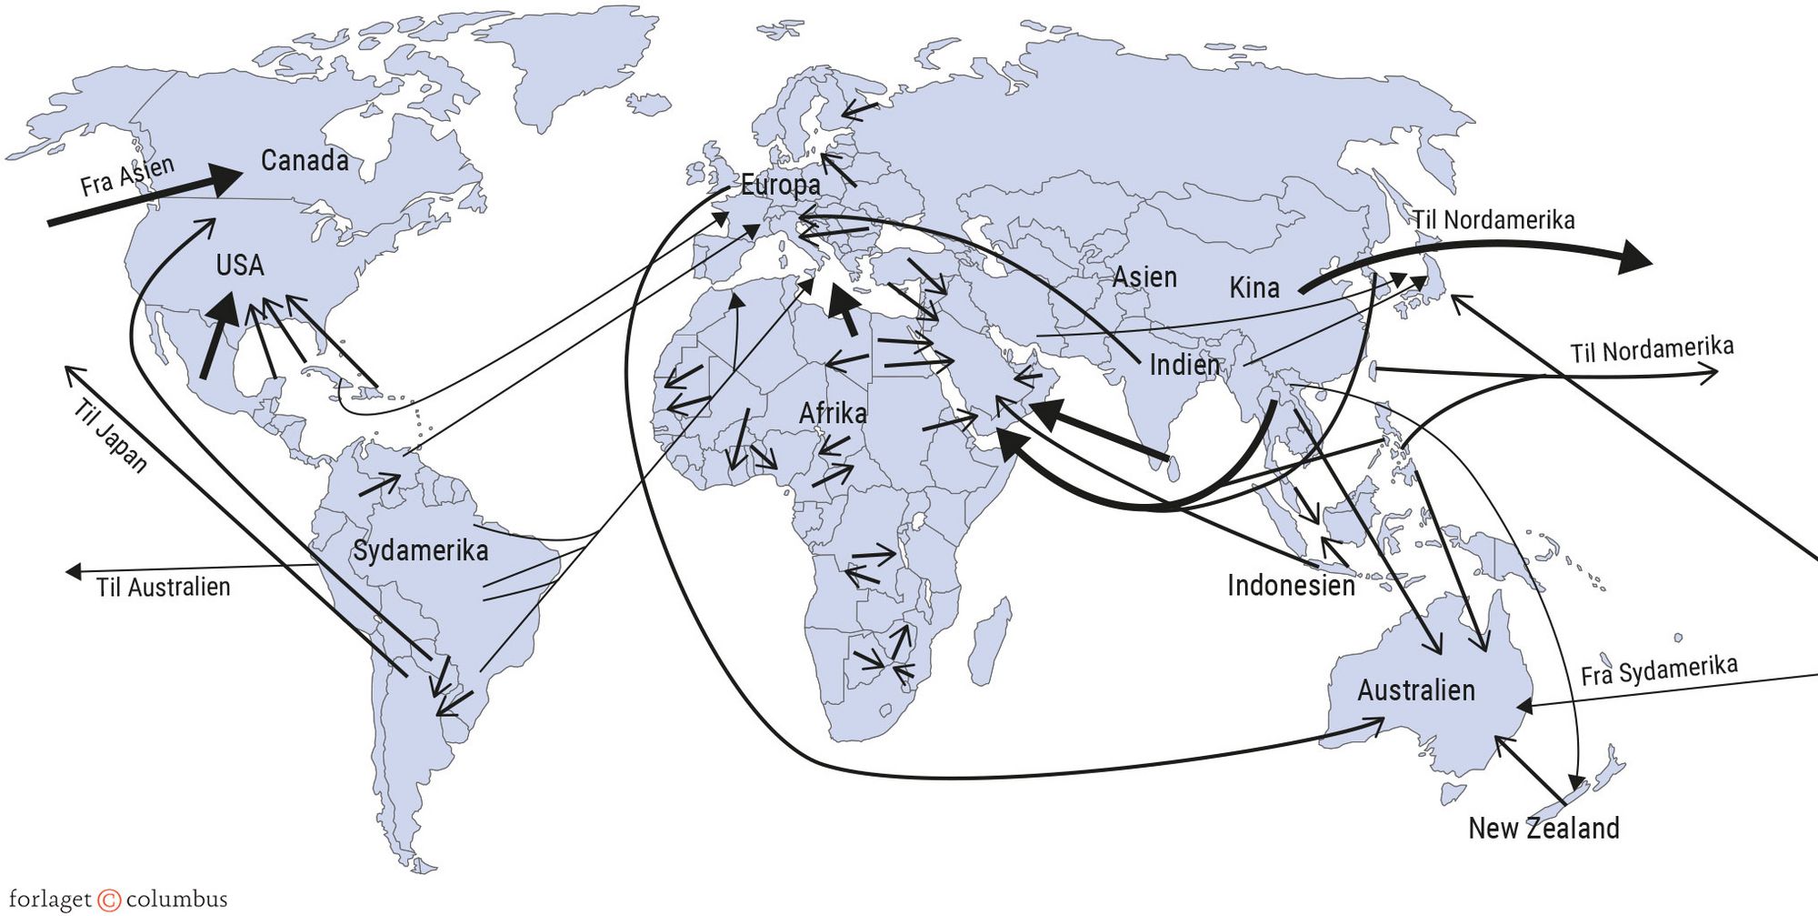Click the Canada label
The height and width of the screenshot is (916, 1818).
305,161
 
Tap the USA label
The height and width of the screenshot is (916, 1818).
240,266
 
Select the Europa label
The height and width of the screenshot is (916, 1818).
780,186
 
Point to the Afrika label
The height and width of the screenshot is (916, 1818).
833,414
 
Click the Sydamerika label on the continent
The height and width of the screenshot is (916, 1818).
420,550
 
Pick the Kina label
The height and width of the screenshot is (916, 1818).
1254,288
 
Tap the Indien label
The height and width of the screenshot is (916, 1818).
1184,366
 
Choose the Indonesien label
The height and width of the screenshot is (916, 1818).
1291,586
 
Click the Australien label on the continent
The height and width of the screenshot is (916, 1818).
1416,690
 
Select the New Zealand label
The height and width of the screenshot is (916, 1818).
1543,829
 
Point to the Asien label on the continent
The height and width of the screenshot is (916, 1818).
1144,277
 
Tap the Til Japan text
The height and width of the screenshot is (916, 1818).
110,435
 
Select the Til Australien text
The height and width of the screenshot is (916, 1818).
164,588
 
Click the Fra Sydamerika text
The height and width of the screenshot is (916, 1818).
1659,670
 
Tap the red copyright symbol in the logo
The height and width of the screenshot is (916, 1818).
108,901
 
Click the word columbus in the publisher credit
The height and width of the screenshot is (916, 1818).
176,901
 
